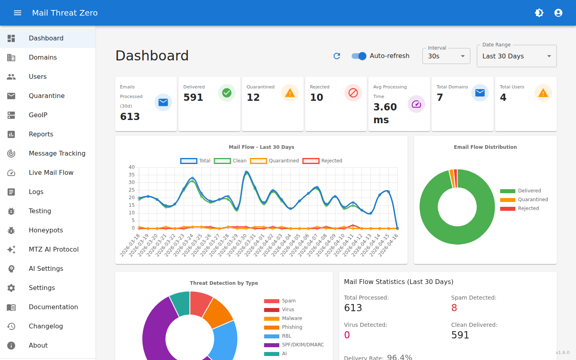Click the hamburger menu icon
tap(18, 13)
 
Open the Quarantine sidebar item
tap(46, 96)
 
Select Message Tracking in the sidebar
tap(57, 153)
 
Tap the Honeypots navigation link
tap(46, 230)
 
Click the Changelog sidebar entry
tap(46, 326)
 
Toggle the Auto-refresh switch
tap(359, 56)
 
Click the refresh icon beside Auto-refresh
tap(337, 56)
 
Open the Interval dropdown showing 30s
tap(446, 56)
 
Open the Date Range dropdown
tap(516, 56)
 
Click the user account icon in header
tap(558, 13)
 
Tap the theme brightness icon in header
tap(539, 13)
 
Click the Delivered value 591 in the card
tap(193, 97)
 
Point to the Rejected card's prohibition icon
tap(353, 93)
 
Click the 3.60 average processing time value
tap(385, 107)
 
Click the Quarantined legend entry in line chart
tap(275, 161)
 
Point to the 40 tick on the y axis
tap(132, 167)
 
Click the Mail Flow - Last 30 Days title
tap(261, 147)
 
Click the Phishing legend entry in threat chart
tap(292, 327)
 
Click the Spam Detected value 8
tap(454, 308)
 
